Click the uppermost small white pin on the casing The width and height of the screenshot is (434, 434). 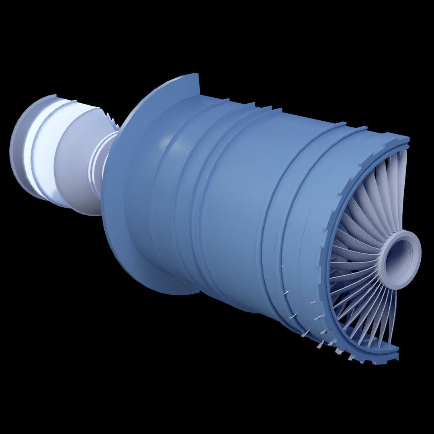(x=283, y=266)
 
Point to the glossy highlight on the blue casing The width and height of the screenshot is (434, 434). (x=165, y=141)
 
